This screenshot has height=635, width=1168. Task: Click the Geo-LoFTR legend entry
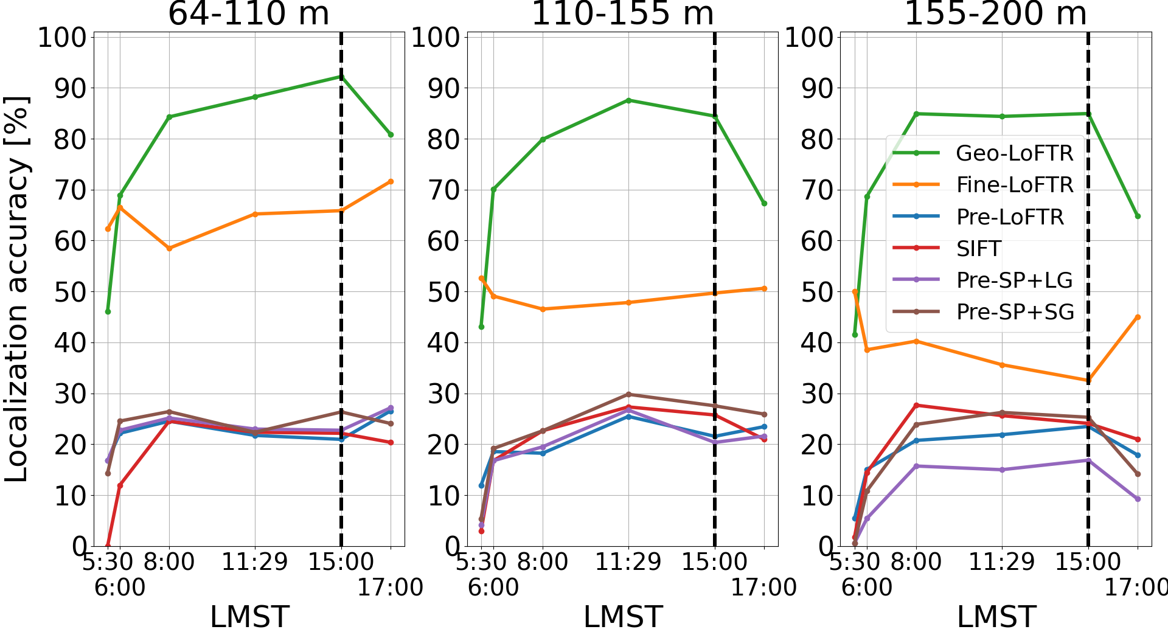[x=1014, y=153]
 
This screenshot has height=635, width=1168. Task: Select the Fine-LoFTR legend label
[x=1015, y=185]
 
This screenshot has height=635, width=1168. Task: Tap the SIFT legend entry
[x=978, y=249]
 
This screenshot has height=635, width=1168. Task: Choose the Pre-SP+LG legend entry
[x=1014, y=280]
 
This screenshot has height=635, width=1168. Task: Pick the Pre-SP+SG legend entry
[x=1015, y=312]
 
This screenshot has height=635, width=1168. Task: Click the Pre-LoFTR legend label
[x=1010, y=217]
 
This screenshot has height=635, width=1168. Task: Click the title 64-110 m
[x=248, y=13]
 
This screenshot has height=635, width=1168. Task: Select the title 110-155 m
[x=622, y=13]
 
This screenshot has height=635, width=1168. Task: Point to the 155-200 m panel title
[x=995, y=13]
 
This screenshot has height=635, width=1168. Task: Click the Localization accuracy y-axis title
[x=17, y=289]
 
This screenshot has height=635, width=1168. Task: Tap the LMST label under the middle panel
[x=622, y=617]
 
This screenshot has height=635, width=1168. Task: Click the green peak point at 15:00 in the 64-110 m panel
[x=341, y=77]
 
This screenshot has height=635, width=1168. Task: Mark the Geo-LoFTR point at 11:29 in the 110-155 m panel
[x=628, y=100]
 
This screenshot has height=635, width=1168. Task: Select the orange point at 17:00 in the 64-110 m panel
[x=391, y=181]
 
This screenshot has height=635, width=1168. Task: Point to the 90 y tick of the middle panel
[x=443, y=88]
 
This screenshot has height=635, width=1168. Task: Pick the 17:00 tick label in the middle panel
[x=763, y=588]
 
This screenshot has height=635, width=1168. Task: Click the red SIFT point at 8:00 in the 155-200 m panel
[x=916, y=405]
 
